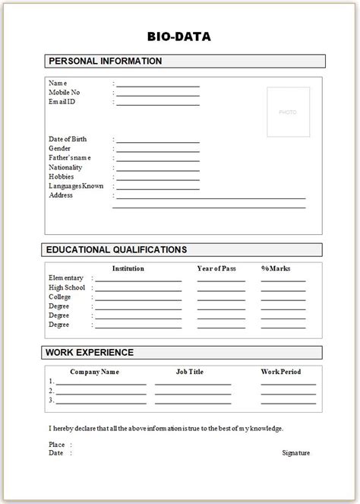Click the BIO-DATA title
click(x=179, y=35)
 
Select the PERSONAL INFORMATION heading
click(x=105, y=61)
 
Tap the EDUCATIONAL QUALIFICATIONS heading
click(x=116, y=249)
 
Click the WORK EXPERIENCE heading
click(x=90, y=352)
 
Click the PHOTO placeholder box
click(x=288, y=113)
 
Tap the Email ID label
click(x=62, y=101)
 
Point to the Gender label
click(x=60, y=148)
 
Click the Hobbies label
click(x=61, y=176)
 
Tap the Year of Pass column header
click(x=219, y=268)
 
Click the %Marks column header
click(x=276, y=268)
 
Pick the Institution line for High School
click(x=138, y=290)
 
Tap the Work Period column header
click(x=281, y=372)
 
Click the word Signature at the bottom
click(x=295, y=453)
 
